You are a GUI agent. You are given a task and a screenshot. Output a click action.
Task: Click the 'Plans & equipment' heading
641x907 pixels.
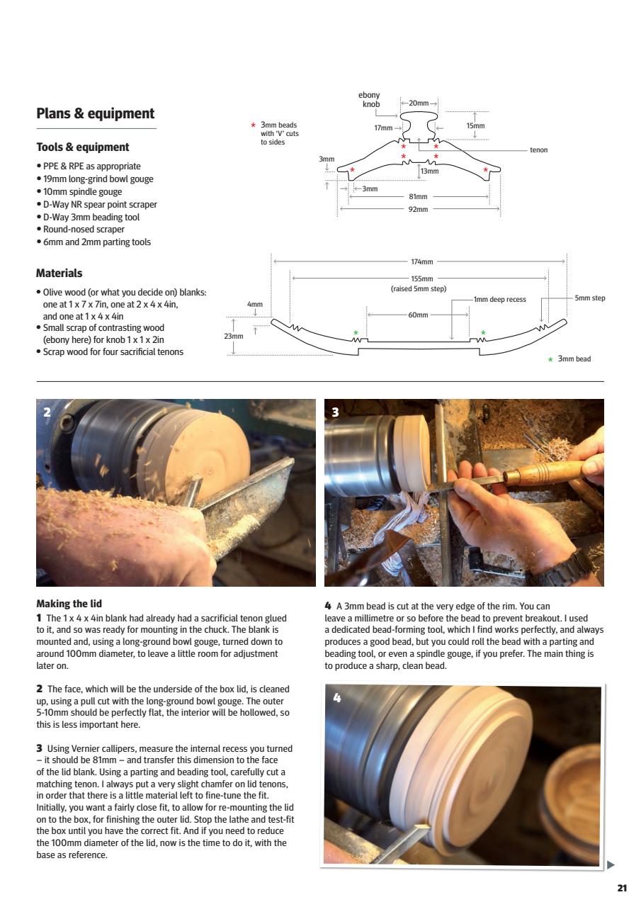click(95, 114)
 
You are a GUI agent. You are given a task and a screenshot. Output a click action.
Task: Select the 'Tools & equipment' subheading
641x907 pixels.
click(82, 147)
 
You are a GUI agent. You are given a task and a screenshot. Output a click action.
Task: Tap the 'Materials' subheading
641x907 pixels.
click(59, 273)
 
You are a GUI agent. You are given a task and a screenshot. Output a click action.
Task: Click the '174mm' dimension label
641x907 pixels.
click(421, 262)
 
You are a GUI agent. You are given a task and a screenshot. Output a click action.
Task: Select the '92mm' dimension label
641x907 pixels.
click(418, 210)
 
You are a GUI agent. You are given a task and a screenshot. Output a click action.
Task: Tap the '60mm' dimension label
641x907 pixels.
click(418, 315)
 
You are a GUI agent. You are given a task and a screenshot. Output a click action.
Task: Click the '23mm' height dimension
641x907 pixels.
click(233, 337)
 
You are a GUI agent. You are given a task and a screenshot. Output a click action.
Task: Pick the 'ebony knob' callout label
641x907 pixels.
click(370, 100)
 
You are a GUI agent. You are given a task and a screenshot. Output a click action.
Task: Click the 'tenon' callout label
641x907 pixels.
click(538, 150)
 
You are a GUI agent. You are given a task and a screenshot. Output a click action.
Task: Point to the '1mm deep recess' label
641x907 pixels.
click(500, 299)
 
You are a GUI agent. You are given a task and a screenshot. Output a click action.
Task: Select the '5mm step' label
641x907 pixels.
click(589, 298)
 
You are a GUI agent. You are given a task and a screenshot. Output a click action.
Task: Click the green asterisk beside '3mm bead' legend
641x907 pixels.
click(550, 360)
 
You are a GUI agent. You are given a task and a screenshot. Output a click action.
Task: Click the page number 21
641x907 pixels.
click(621, 889)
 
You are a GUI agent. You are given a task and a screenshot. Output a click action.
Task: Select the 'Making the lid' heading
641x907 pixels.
click(69, 604)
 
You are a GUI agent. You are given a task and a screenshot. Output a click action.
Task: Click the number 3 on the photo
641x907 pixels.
click(335, 412)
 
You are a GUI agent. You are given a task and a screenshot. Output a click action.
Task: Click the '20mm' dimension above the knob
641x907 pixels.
click(419, 103)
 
